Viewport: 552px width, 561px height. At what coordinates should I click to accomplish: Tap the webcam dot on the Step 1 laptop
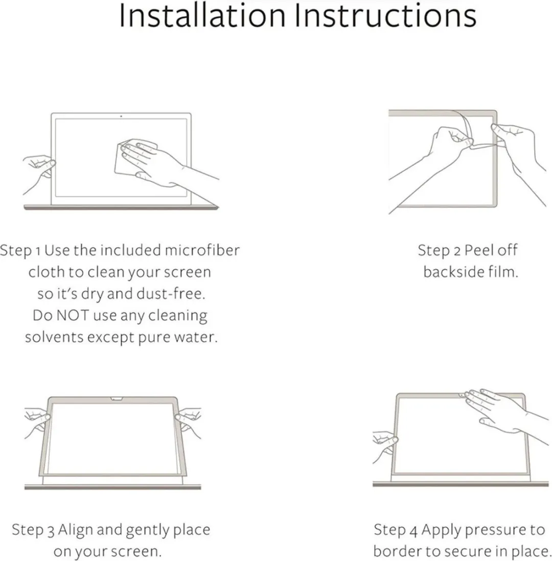click(121, 116)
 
